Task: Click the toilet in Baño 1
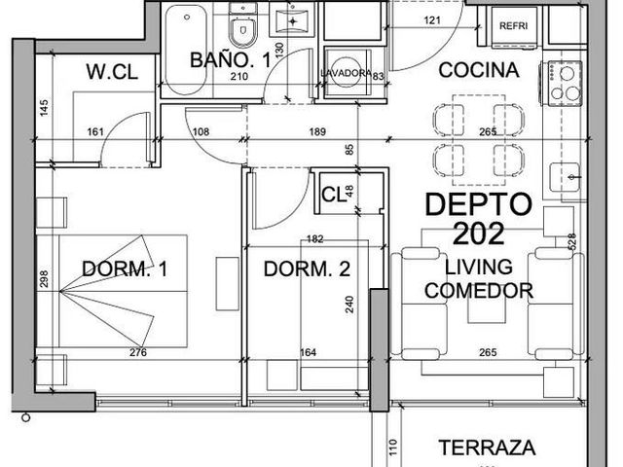[243, 25]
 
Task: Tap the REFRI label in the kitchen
[513, 26]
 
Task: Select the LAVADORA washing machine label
[347, 74]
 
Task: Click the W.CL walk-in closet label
[112, 72]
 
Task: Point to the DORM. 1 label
[125, 269]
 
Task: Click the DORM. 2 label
[308, 269]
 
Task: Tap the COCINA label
[479, 70]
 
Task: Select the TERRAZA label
[487, 448]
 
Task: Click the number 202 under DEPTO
[478, 233]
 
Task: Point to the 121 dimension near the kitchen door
[432, 19]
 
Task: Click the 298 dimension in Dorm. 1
[43, 279]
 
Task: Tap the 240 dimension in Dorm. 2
[349, 305]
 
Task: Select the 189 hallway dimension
[317, 131]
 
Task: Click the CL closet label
[334, 195]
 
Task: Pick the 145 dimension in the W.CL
[44, 108]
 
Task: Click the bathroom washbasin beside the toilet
[293, 19]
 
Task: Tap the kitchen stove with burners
[562, 84]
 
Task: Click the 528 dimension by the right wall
[572, 241]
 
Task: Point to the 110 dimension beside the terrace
[393, 447]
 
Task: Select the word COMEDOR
[479, 291]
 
